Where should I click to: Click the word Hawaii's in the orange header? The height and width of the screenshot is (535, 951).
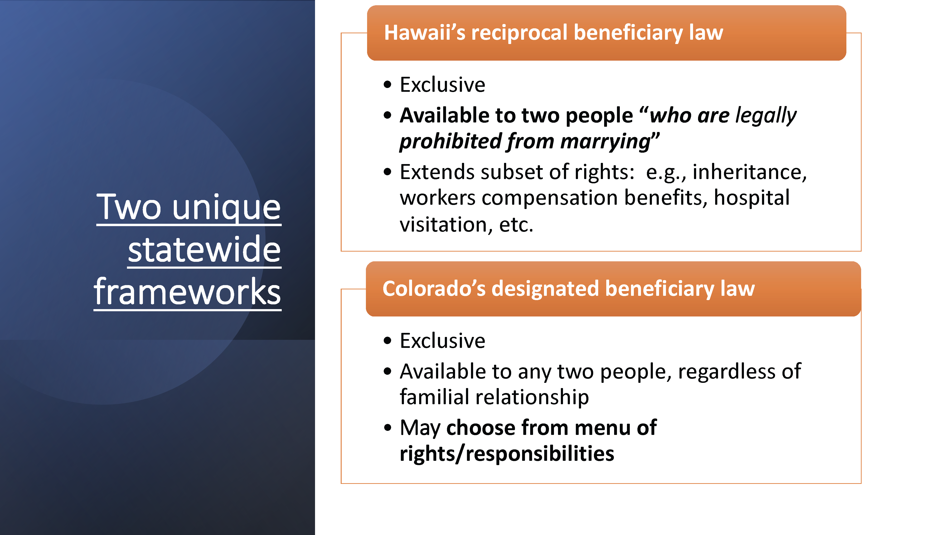click(x=425, y=33)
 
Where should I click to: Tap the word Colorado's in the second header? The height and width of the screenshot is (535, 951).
click(x=434, y=288)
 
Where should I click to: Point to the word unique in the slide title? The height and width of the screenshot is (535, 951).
click(x=226, y=208)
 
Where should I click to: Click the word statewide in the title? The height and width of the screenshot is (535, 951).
click(x=204, y=250)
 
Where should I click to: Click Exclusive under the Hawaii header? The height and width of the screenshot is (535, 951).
click(x=442, y=85)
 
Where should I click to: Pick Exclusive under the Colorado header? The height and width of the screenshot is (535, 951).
click(x=442, y=341)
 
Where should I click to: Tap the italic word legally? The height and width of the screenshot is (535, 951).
click(x=766, y=116)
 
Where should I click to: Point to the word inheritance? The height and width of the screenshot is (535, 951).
click(x=749, y=172)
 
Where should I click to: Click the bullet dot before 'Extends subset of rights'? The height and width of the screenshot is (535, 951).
click(x=387, y=172)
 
